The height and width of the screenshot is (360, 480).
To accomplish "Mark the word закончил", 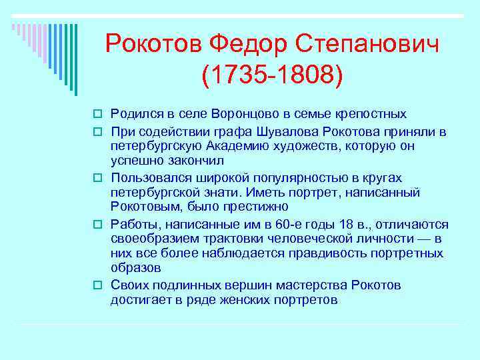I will pos(195,161).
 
